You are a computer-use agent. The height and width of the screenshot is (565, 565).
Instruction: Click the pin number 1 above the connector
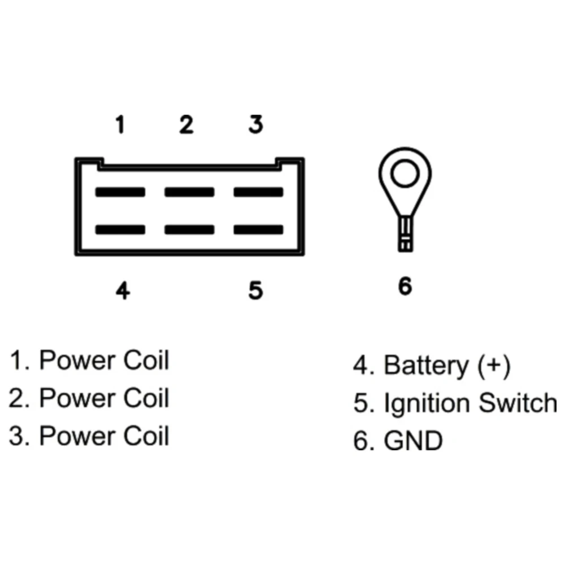(120, 124)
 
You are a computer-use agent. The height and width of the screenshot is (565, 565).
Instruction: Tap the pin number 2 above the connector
(186, 125)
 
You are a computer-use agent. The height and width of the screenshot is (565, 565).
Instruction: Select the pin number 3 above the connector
(256, 124)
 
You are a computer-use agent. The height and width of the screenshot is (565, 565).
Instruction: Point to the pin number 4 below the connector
(123, 291)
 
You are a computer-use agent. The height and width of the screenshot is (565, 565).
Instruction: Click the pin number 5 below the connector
(256, 291)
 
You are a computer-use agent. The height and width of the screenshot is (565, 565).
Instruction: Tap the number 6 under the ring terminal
(405, 286)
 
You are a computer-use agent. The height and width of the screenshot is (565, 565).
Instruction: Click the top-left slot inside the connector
(120, 192)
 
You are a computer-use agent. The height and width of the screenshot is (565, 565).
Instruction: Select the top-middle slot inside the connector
(189, 192)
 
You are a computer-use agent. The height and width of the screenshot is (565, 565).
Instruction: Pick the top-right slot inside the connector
(258, 192)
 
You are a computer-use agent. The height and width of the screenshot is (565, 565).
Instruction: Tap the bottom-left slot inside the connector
(120, 230)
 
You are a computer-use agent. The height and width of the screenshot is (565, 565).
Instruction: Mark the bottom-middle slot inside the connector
(189, 230)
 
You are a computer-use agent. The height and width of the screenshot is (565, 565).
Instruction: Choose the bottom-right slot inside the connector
(258, 230)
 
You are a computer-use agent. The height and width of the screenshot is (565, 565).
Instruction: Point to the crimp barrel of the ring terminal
(405, 234)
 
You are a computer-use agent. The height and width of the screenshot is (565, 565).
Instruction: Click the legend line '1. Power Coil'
(89, 360)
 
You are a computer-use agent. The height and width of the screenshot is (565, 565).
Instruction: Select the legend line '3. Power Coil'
(89, 436)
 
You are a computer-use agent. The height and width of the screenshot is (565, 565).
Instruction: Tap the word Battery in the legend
(426, 366)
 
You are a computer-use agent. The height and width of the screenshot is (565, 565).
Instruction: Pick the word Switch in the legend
(518, 403)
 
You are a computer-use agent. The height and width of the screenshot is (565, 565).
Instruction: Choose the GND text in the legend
(413, 441)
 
